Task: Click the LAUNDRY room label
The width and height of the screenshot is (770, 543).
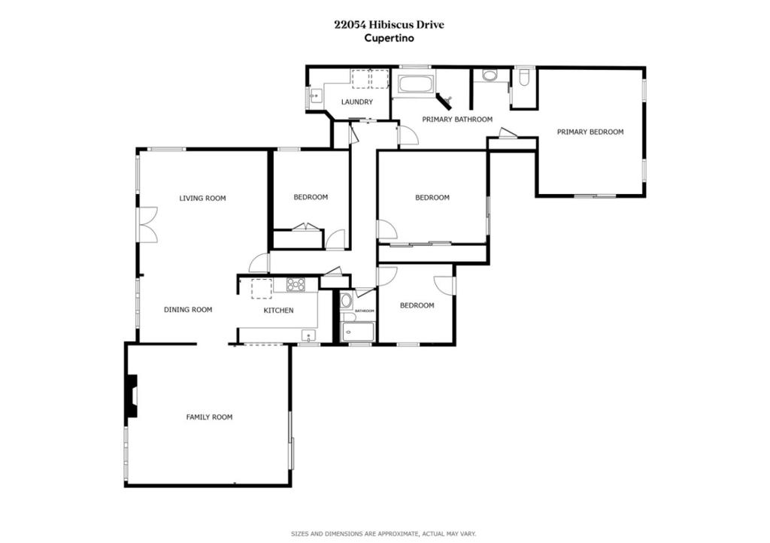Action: click(357, 102)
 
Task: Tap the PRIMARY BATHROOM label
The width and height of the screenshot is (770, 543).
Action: click(457, 120)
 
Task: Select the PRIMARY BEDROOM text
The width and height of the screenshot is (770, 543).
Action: click(590, 132)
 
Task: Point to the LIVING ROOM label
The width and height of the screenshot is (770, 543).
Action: click(202, 199)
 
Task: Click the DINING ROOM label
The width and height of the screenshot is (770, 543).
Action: click(188, 310)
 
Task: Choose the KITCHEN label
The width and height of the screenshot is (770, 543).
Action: click(278, 311)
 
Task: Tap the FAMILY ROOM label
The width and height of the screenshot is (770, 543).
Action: click(209, 417)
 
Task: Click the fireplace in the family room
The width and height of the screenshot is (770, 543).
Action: click(131, 396)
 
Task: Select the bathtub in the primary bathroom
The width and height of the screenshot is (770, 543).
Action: click(417, 84)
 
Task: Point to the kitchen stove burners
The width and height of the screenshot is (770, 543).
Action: click(296, 285)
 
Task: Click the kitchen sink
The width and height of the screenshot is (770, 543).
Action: click(309, 336)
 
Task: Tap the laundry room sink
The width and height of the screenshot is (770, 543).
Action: click(315, 96)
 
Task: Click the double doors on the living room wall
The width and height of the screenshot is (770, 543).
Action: click(147, 224)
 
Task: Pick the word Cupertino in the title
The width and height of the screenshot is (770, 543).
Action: click(389, 38)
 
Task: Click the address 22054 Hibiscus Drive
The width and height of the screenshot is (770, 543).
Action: click(389, 25)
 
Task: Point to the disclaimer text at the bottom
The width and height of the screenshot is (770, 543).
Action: click(383, 534)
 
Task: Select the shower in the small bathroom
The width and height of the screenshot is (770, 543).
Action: click(358, 332)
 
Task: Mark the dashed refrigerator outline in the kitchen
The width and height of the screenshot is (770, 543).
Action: click(262, 289)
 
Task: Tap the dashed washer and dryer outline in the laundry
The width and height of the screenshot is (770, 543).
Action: click(370, 79)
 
